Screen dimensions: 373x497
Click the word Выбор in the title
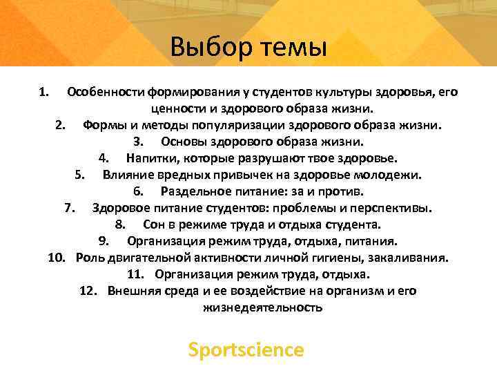208,48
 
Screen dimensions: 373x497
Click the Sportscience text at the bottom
246,350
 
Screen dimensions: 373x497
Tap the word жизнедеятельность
262,308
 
